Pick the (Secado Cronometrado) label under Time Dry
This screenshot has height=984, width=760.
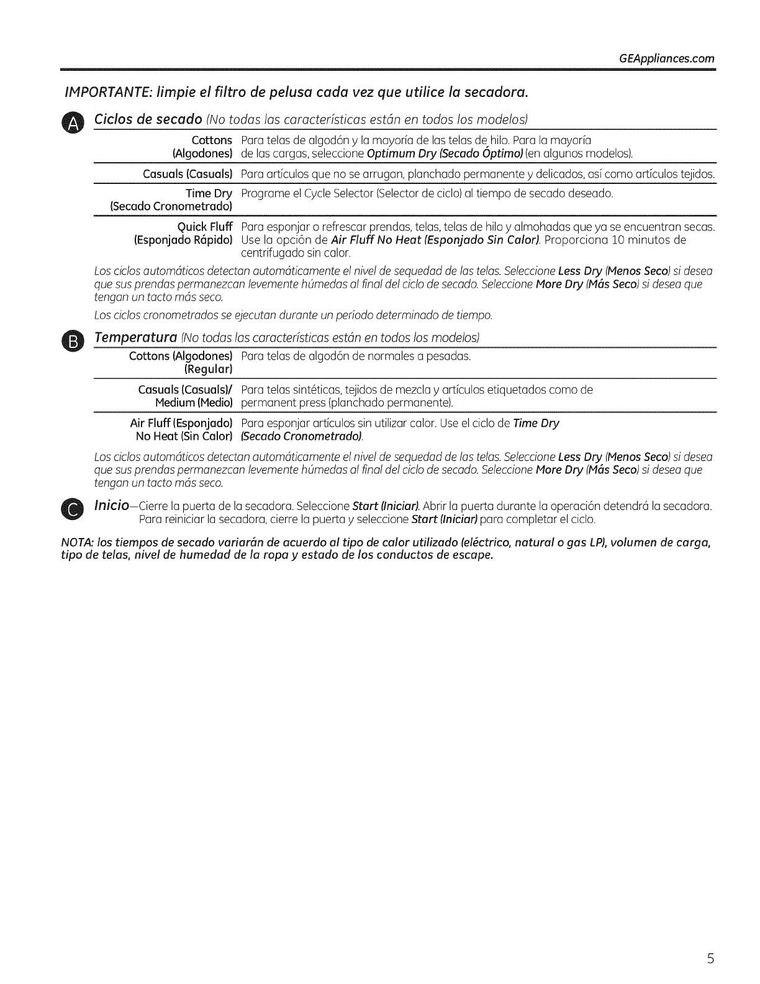tap(171, 206)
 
